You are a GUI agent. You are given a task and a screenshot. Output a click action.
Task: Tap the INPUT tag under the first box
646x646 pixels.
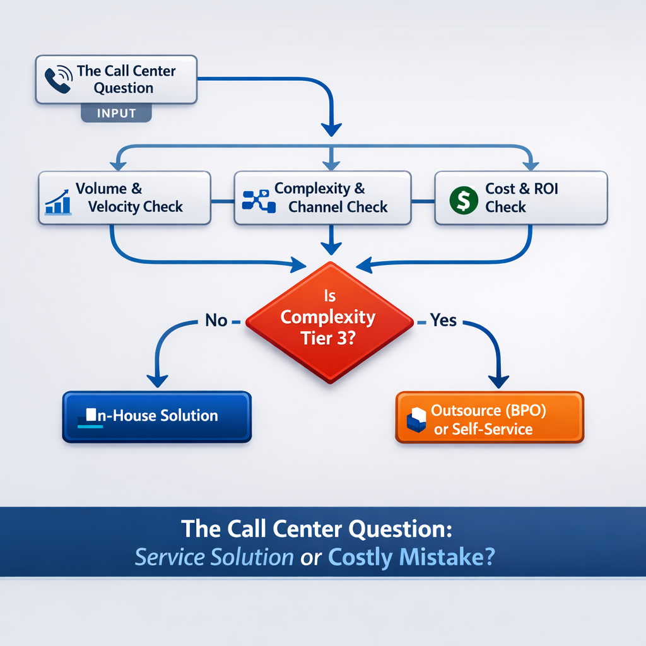click(117, 114)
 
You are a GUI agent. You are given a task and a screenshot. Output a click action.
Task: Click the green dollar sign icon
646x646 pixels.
click(464, 199)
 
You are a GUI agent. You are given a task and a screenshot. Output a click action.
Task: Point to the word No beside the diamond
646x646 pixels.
click(216, 320)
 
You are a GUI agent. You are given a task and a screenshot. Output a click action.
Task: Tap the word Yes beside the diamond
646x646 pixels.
click(443, 320)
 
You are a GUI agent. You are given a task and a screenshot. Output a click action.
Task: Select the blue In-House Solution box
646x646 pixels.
click(156, 416)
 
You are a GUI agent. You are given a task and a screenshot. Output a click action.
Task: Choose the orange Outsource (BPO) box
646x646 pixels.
click(489, 418)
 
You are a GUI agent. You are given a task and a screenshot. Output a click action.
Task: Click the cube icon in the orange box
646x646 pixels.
click(417, 420)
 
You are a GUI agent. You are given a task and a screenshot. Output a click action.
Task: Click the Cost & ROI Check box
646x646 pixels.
click(520, 197)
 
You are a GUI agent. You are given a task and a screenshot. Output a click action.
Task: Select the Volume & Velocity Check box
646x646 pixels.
click(124, 197)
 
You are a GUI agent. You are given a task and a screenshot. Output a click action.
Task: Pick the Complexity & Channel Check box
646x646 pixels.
click(322, 197)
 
